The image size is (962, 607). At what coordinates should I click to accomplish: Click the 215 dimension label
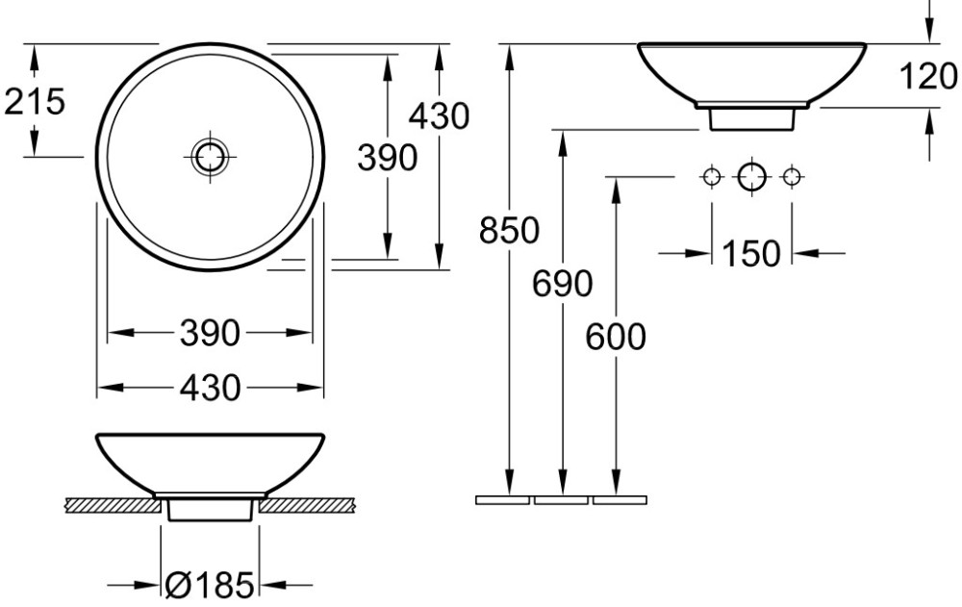(35, 101)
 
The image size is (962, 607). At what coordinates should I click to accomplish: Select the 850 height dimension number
(509, 231)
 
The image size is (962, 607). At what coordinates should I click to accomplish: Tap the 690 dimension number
(562, 284)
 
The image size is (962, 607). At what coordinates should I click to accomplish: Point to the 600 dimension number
(616, 337)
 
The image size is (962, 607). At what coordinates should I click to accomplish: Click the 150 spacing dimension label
(751, 253)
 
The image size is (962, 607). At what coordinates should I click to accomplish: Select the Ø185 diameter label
(209, 585)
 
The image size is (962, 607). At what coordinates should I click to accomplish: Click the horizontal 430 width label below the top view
(210, 388)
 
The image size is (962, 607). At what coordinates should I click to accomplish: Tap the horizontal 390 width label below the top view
(210, 334)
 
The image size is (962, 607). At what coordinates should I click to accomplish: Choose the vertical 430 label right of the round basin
(440, 116)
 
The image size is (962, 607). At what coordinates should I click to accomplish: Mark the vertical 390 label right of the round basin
(388, 158)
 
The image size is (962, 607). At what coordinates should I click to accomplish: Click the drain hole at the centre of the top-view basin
(210, 157)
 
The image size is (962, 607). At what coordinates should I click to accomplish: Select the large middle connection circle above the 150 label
(751, 177)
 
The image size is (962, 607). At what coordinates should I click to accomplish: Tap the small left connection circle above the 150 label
(712, 177)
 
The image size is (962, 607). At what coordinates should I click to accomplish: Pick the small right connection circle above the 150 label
(792, 177)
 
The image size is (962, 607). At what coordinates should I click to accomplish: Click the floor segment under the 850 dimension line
(502, 500)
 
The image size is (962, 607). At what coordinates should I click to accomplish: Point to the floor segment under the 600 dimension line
(620, 500)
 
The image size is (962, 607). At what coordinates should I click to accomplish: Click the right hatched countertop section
(307, 505)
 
